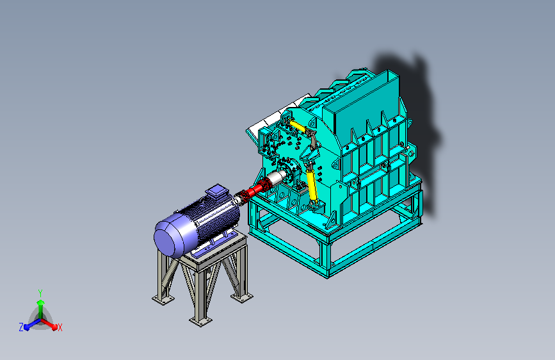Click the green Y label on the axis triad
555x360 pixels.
click(40, 293)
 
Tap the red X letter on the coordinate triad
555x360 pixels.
click(60, 328)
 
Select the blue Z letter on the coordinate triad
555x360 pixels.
click(21, 327)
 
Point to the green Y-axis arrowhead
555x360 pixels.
click(41, 302)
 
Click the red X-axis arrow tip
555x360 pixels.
click(54, 327)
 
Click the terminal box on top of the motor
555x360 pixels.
click(216, 192)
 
